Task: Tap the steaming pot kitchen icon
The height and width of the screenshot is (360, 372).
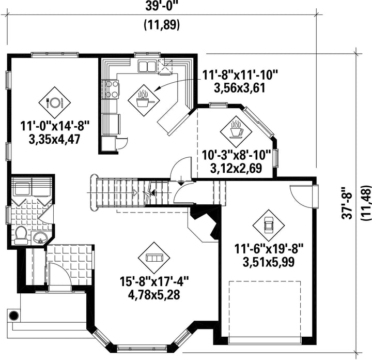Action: tap(144, 98)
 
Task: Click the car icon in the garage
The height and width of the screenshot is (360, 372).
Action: tap(268, 226)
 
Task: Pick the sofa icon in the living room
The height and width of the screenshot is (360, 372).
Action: tap(154, 257)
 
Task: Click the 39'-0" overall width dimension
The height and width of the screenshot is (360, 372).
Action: tap(162, 7)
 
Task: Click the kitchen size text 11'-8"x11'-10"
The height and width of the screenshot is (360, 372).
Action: tap(240, 76)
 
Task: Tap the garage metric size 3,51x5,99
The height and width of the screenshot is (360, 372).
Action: tap(269, 262)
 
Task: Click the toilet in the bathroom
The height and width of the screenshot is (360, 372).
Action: tap(21, 235)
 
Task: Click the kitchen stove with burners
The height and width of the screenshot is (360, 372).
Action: tap(111, 88)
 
